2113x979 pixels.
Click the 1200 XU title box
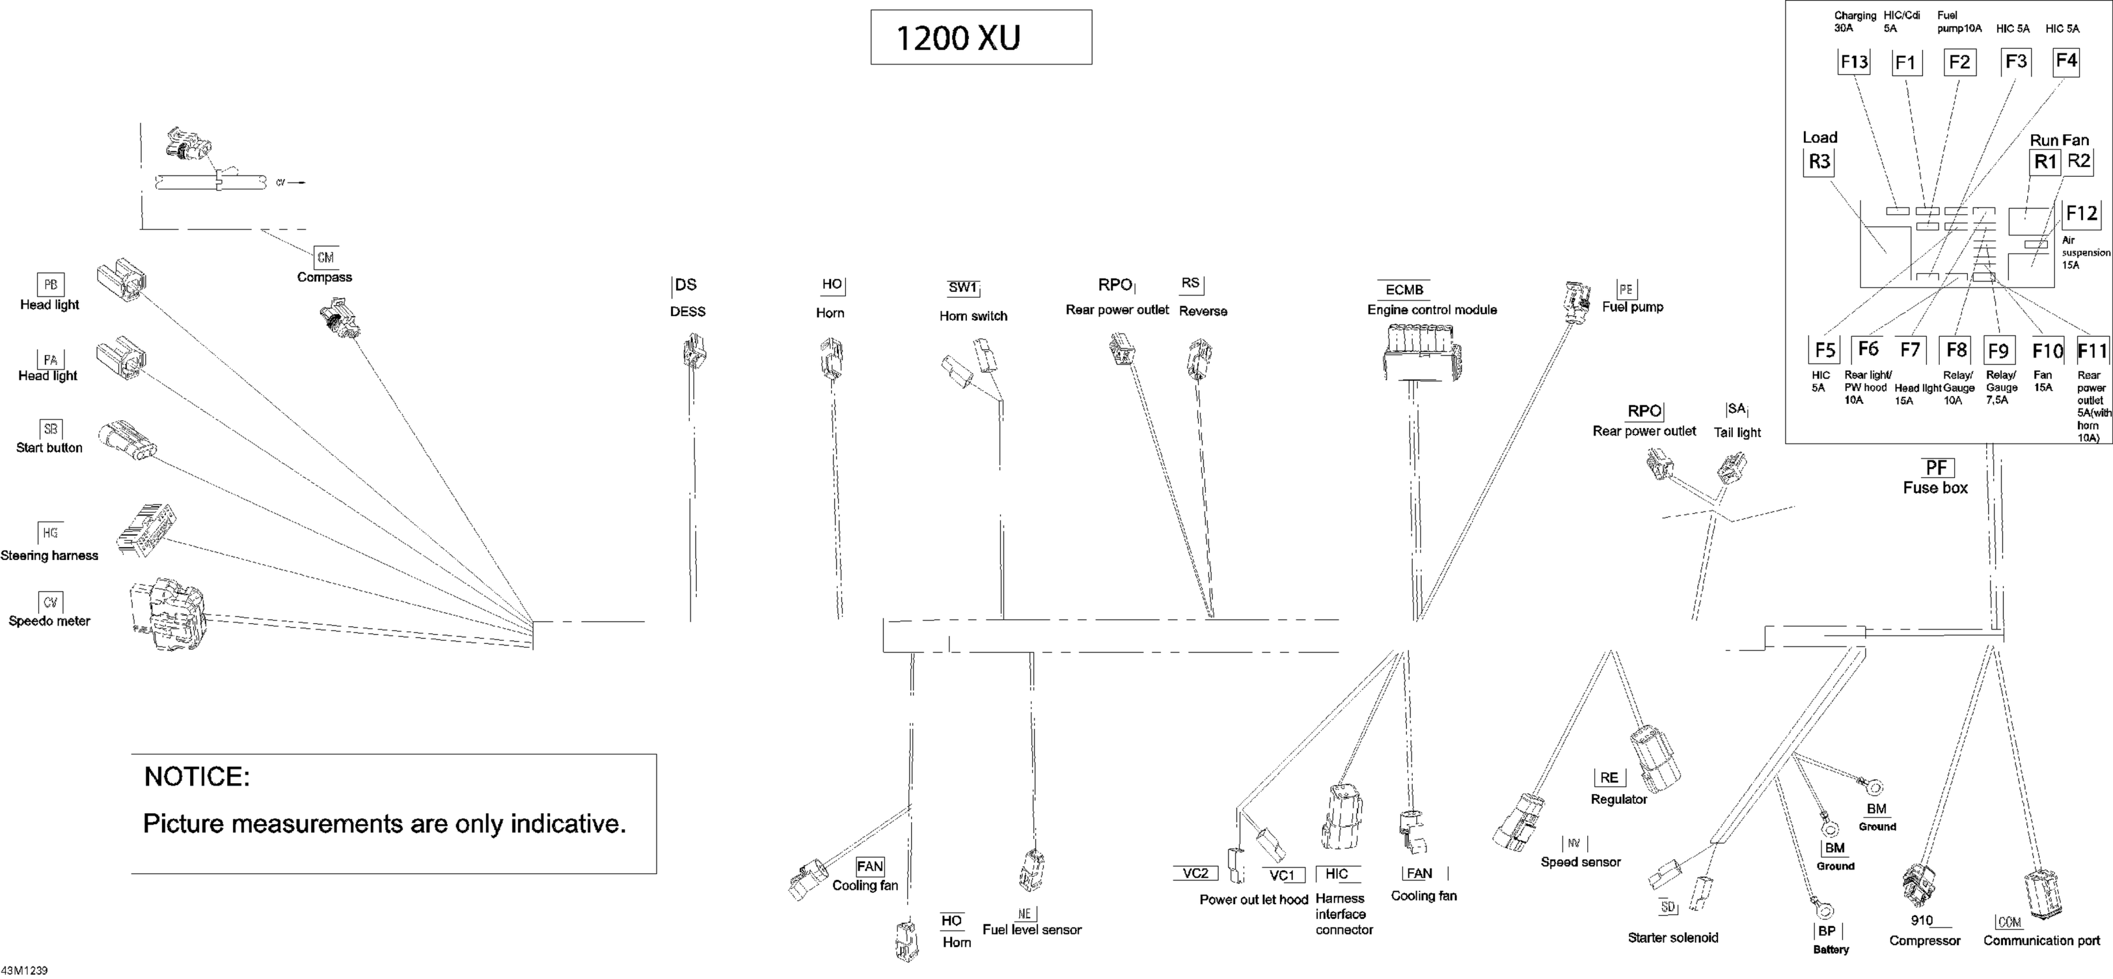click(x=980, y=37)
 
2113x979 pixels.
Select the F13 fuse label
click(x=1854, y=62)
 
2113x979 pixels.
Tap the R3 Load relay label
click(x=1819, y=161)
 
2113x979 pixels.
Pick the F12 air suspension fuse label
click(x=2081, y=214)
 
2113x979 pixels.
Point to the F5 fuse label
click(x=1824, y=351)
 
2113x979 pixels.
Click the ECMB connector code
click(x=1404, y=290)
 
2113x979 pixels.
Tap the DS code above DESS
click(x=686, y=285)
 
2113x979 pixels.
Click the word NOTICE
click(x=197, y=776)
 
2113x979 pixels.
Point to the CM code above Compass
click(x=325, y=257)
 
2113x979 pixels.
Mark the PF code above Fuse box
click(x=1936, y=468)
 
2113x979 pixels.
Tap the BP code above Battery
click(x=1827, y=931)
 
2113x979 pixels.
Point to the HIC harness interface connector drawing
click(x=1341, y=817)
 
